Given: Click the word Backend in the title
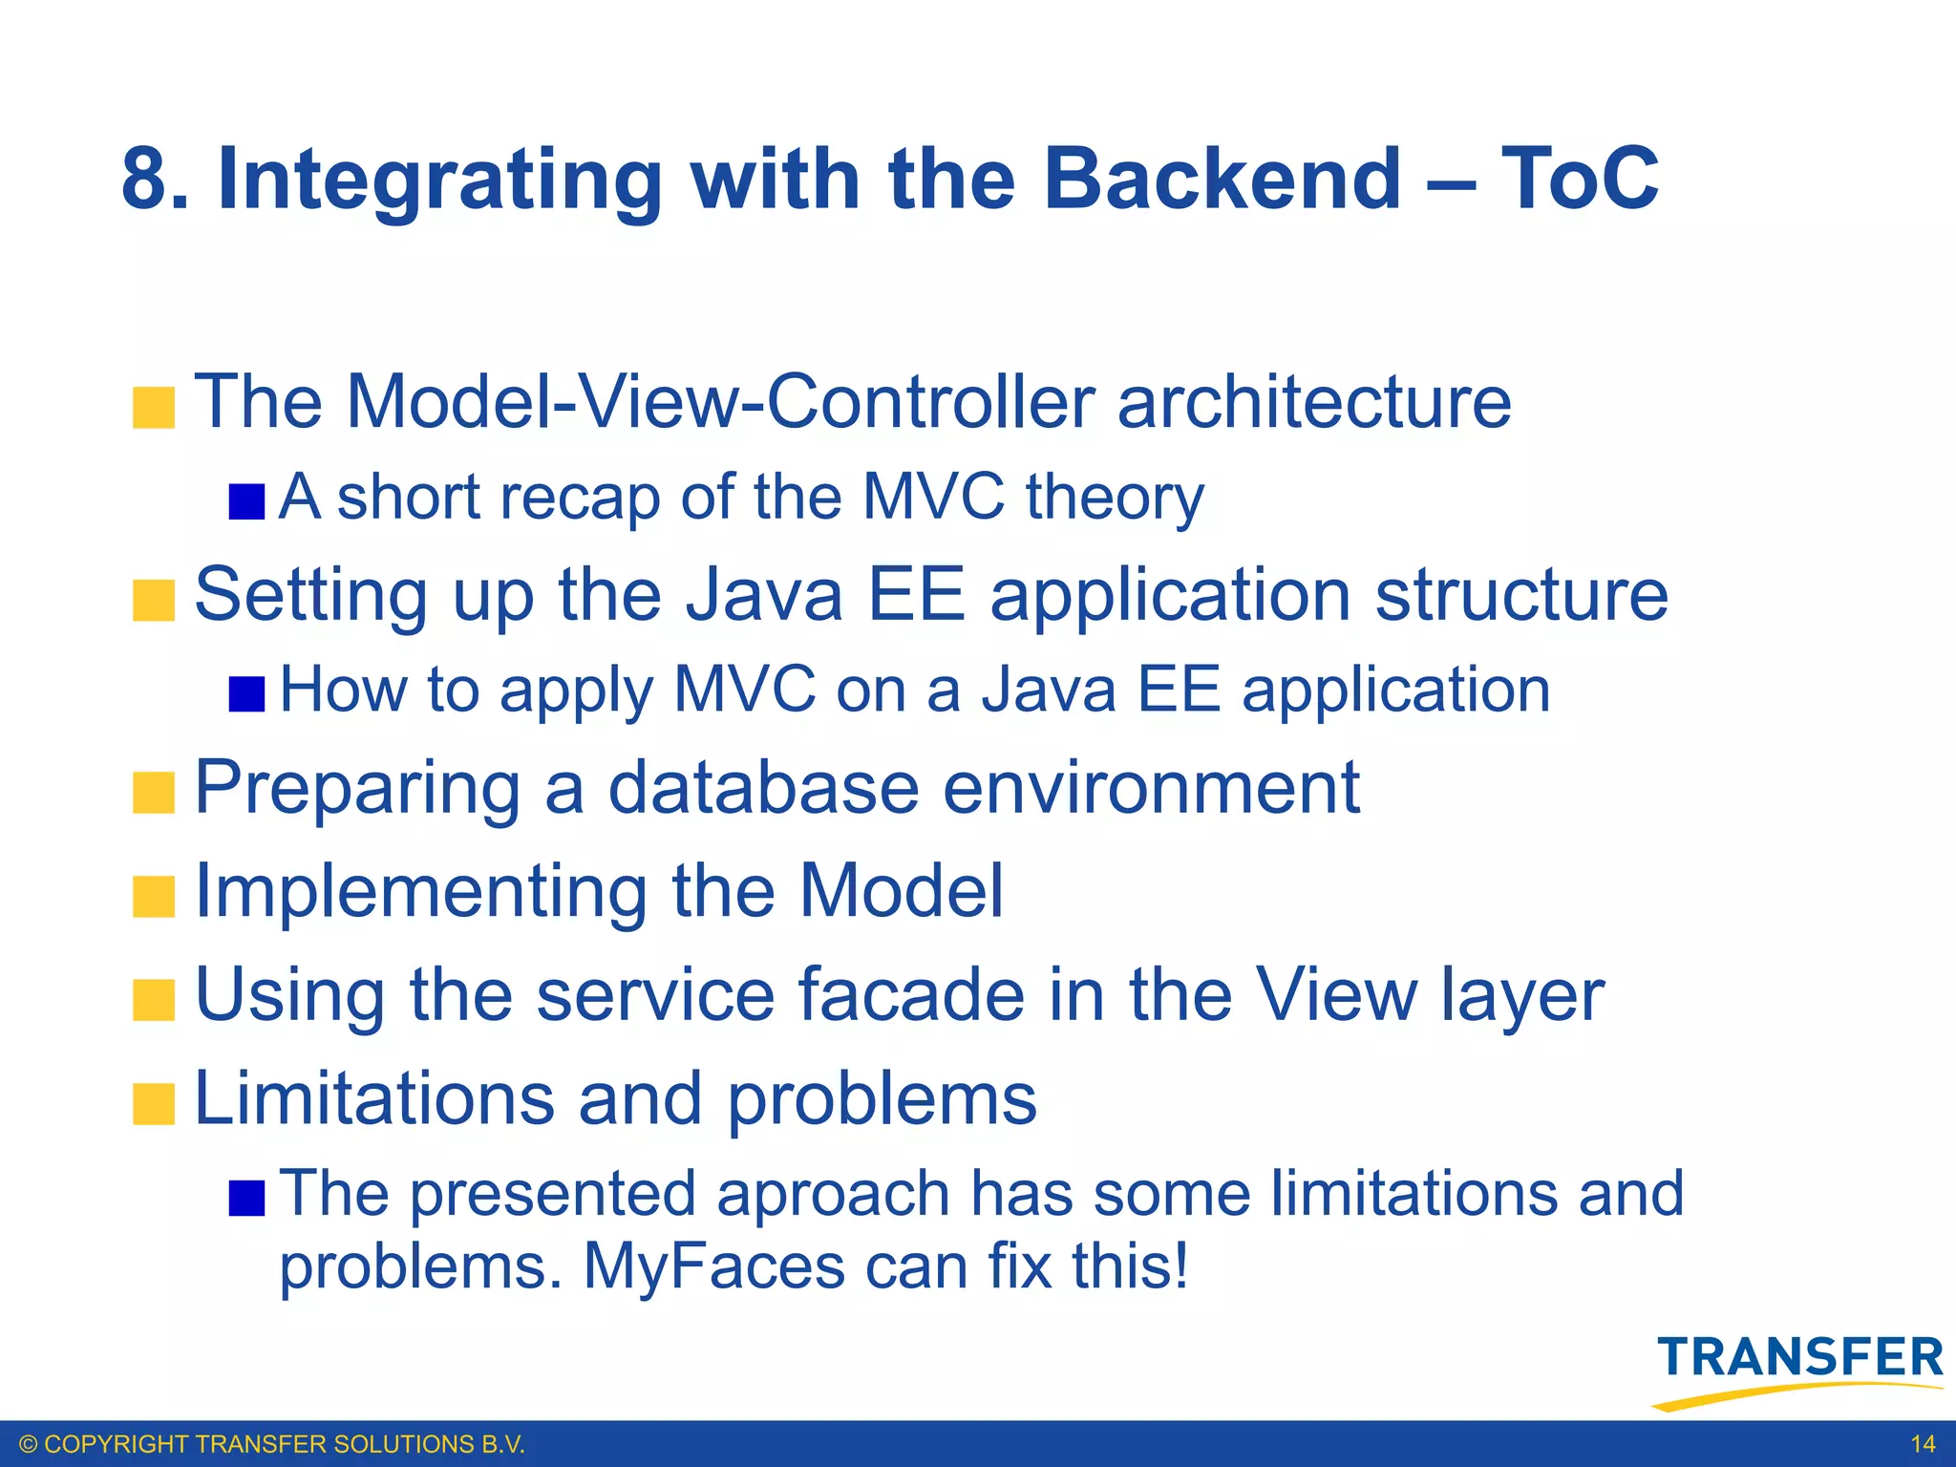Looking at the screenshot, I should click(1222, 180).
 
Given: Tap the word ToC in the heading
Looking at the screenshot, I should click(1580, 180).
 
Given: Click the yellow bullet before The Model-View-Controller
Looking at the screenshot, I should click(154, 408).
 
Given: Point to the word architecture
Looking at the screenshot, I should click(1314, 401).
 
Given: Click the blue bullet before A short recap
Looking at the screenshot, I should click(246, 501).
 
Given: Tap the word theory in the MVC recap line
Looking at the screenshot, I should click(1115, 499).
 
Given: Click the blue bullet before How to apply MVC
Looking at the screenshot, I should click(246, 694).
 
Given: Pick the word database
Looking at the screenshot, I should click(763, 788).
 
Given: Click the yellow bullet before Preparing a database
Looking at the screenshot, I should click(154, 793).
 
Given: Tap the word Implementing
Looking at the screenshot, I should click(420, 892).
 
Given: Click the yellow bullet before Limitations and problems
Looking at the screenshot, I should click(154, 1104).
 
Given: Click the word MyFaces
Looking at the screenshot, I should click(714, 1266).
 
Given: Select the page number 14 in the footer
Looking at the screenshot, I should click(1923, 1444).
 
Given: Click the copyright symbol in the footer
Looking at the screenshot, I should click(29, 1444).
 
